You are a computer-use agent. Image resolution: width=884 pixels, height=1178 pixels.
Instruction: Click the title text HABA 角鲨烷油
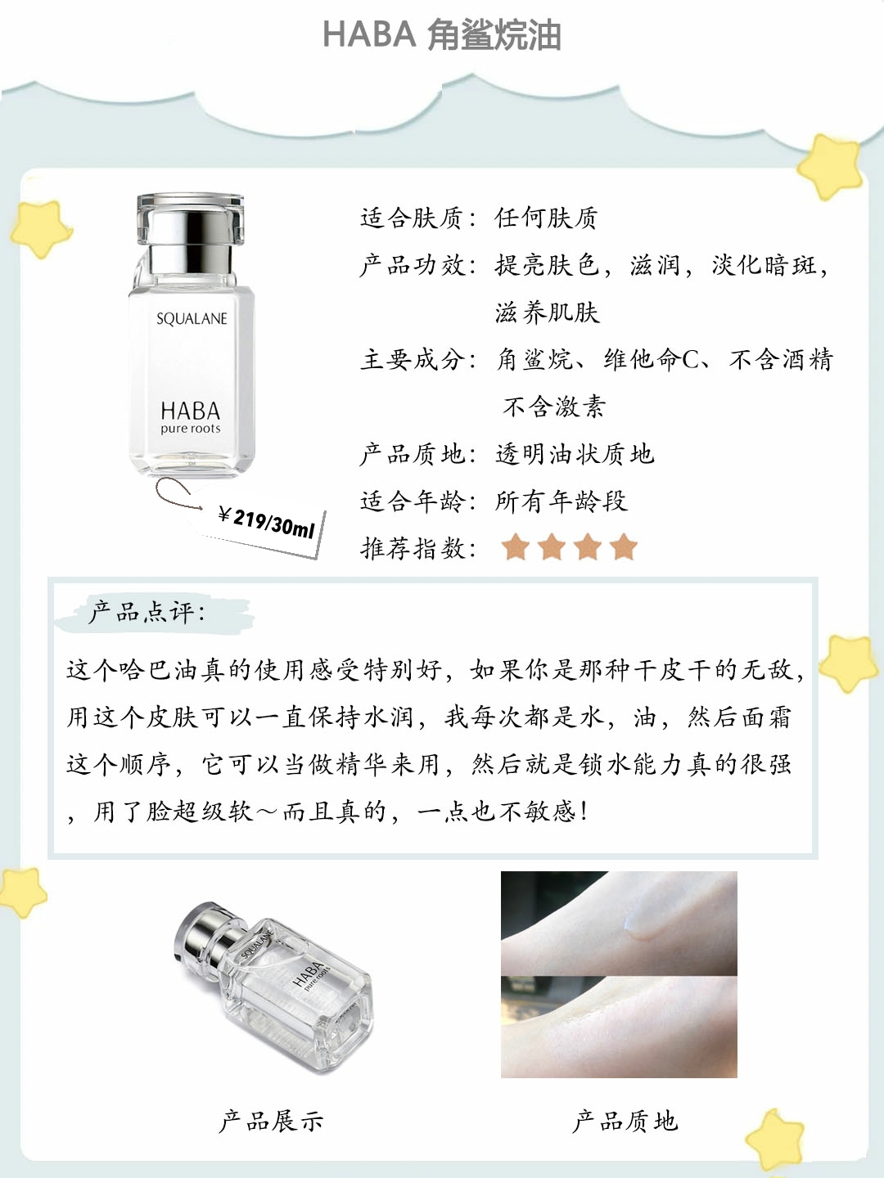442,35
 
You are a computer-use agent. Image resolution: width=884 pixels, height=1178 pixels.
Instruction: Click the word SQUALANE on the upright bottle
192,319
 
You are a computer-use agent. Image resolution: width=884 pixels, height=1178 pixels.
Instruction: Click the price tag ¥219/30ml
267,522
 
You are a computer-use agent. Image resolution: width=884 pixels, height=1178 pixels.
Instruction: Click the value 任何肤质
546,218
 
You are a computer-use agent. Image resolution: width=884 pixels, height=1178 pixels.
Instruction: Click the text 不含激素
554,407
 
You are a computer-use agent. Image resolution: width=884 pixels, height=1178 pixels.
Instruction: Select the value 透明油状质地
575,454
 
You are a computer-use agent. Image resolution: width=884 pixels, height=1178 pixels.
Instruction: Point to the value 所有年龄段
561,501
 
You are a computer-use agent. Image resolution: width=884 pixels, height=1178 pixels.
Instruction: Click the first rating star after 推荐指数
516,547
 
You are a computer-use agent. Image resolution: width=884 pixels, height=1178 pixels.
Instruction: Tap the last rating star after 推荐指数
624,547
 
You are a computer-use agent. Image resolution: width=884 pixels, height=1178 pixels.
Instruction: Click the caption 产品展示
271,1121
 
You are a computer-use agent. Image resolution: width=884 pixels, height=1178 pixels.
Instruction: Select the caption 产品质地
625,1121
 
